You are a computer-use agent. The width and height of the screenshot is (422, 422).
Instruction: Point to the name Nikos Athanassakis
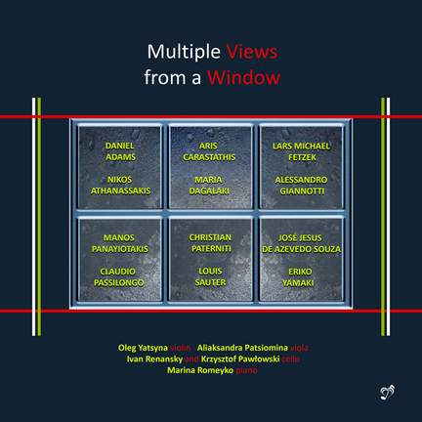(x=117, y=186)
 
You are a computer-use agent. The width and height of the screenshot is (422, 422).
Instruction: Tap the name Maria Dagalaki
(x=210, y=186)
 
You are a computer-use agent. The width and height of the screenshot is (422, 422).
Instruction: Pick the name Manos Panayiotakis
(x=117, y=244)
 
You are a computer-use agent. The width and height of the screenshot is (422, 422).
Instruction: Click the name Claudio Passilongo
(x=117, y=278)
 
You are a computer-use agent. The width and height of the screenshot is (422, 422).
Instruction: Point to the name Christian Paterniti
(x=210, y=244)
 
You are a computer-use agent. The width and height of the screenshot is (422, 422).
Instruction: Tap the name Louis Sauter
(x=210, y=278)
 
